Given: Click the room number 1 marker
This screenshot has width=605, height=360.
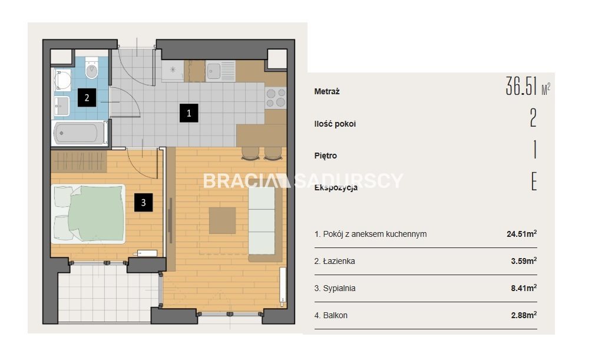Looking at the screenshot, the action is click(189, 113).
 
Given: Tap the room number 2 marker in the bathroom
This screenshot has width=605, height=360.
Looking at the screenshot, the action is click(87, 98).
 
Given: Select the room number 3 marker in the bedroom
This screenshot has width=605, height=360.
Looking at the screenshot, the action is click(144, 203).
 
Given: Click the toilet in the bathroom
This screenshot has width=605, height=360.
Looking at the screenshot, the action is click(91, 68).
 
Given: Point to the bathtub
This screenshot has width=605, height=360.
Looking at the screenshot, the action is click(80, 133).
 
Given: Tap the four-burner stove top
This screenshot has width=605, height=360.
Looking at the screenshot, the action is click(276, 98).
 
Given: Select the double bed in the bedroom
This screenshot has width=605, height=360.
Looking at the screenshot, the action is click(88, 214).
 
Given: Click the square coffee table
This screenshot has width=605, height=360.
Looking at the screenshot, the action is click(222, 221).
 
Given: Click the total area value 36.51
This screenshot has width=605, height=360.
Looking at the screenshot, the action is click(521, 86).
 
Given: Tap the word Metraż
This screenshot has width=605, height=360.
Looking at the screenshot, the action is click(327, 92).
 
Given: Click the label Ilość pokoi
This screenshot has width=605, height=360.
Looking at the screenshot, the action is click(335, 124).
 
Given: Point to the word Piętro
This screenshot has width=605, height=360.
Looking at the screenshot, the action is click(326, 156).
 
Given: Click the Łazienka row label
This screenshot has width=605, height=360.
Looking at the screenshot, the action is click(335, 261).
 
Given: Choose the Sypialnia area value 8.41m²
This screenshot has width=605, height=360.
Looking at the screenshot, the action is click(524, 288).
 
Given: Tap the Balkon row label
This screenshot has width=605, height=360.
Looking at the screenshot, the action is click(331, 315).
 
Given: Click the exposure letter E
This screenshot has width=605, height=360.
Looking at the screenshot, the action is click(534, 181).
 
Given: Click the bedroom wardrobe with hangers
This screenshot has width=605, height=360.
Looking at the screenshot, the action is click(79, 161).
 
